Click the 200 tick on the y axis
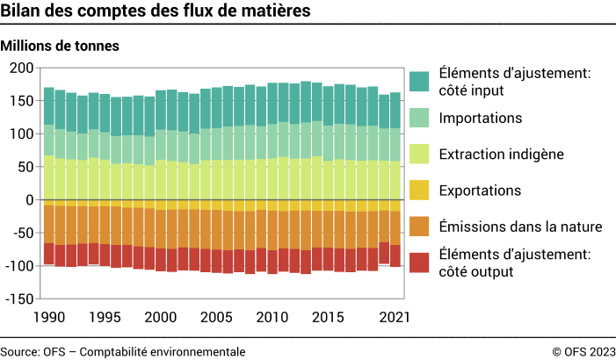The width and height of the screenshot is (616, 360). pyautogui.click(x=21, y=68)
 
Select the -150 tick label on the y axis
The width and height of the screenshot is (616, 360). pyautogui.click(x=18, y=299)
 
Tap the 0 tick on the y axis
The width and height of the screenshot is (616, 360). pyautogui.click(x=29, y=200)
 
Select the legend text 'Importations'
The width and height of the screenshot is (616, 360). pyautogui.click(x=480, y=118)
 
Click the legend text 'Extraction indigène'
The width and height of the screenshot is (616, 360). pyautogui.click(x=502, y=154)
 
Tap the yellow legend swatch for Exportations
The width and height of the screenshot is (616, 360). pyautogui.click(x=419, y=191)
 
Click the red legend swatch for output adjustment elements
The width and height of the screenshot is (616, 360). pyautogui.click(x=419, y=262)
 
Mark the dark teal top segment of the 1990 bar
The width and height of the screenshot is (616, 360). pyautogui.click(x=49, y=106)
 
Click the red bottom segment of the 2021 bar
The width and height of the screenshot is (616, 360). pyautogui.click(x=395, y=256)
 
